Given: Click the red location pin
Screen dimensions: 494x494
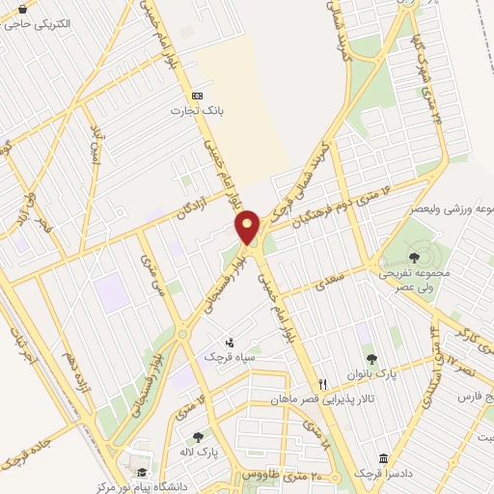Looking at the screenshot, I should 248,228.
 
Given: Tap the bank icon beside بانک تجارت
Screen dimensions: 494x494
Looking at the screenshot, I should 197,96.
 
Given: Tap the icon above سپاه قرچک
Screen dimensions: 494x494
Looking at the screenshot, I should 230,341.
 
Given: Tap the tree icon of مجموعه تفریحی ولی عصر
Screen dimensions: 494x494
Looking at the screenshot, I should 414,257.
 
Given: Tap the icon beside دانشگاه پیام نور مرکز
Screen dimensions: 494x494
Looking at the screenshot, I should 143,473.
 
